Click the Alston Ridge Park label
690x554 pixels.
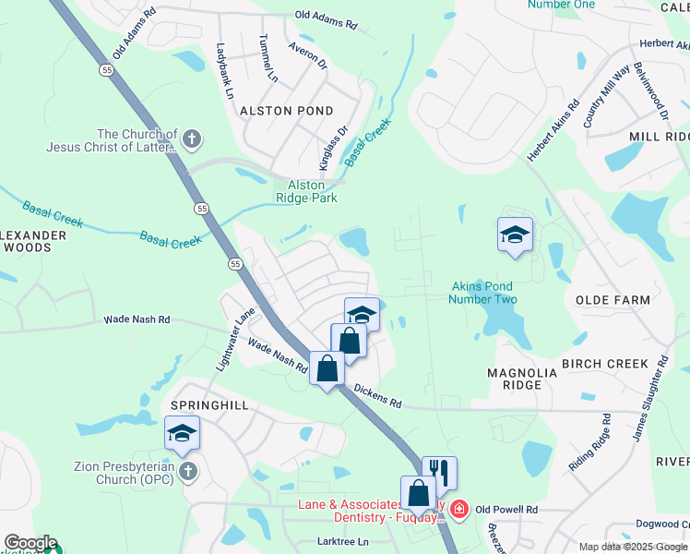[306, 191]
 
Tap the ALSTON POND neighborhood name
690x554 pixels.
[286, 111]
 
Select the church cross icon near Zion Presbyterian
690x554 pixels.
[188, 473]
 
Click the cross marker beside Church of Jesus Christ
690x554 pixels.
[191, 140]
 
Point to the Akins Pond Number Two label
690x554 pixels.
[482, 293]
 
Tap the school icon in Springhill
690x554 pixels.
[182, 432]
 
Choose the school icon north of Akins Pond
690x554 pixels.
[515, 235]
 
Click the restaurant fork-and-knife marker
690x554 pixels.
[440, 473]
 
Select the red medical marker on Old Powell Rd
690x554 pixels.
[459, 510]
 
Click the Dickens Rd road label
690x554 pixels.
[376, 397]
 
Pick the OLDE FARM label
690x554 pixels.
[613, 300]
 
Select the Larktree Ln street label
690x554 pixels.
[342, 541]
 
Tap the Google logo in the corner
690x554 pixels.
[30, 543]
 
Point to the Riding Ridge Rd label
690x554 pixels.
[590, 442]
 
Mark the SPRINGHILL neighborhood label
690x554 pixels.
[205, 405]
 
